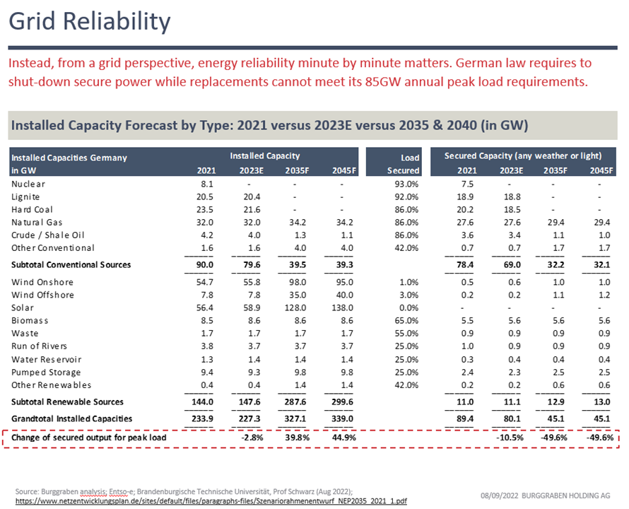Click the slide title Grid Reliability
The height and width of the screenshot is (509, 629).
(x=90, y=22)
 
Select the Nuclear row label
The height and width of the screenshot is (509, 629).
(x=28, y=184)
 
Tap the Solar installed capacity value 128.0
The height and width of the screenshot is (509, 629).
(x=295, y=308)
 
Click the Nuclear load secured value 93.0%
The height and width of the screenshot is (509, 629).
(x=404, y=184)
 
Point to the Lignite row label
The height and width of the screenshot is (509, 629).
(x=26, y=197)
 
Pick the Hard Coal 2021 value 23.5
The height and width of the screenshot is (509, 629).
(x=205, y=209)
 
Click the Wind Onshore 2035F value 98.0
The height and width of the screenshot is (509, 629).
(x=296, y=282)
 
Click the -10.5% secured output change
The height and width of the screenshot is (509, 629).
(x=509, y=438)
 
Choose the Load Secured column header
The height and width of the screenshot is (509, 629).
(x=404, y=164)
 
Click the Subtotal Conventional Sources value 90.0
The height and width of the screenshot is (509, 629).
(x=205, y=265)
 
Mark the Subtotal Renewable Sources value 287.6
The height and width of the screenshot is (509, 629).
(x=295, y=402)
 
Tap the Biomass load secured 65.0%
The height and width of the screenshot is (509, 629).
(x=404, y=320)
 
